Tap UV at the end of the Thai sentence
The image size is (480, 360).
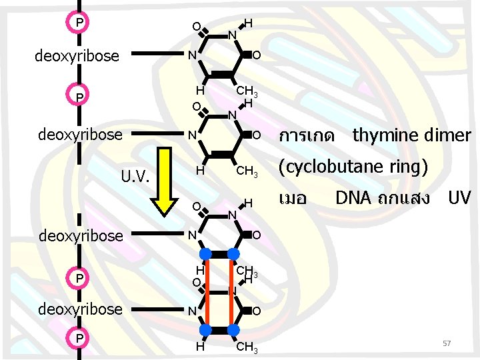click(x=459, y=198)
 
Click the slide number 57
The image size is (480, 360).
click(x=447, y=343)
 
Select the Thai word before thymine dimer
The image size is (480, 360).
click(x=307, y=137)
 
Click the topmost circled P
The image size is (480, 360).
click(x=79, y=23)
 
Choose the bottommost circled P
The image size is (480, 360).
click(x=79, y=339)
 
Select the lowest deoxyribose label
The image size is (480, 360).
click(x=80, y=309)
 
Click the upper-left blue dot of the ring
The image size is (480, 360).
click(x=206, y=253)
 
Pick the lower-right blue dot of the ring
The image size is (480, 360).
click(x=234, y=329)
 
